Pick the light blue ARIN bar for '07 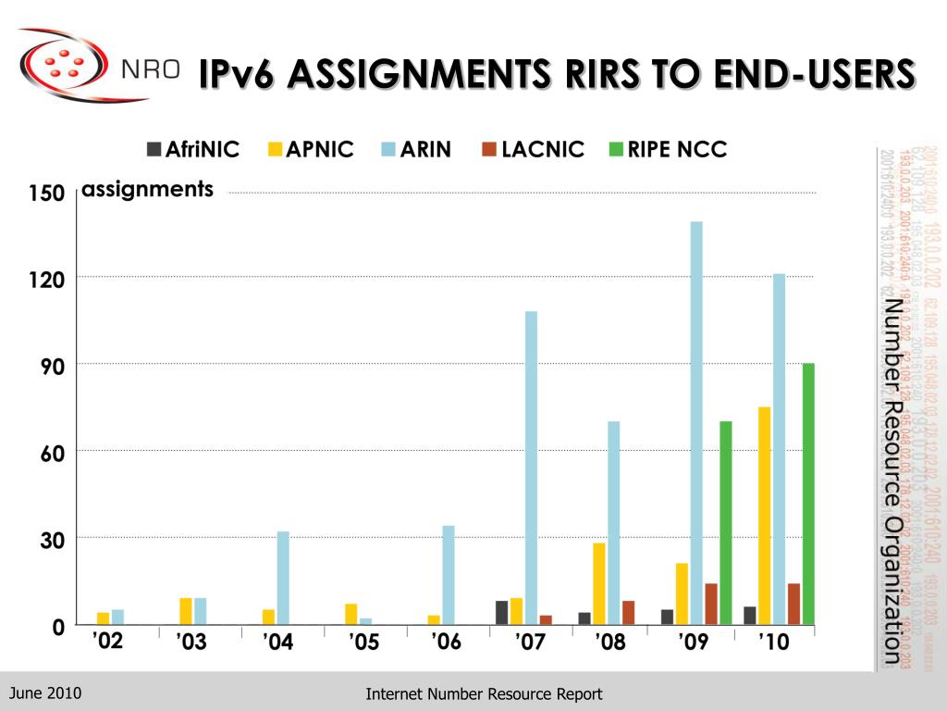coord(531,468)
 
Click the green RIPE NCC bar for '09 coord(726,522)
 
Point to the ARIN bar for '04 coord(283,578)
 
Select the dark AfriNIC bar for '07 coord(502,613)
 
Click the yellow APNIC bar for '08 coord(599,583)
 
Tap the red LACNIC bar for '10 coord(793,604)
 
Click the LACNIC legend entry coord(534,149)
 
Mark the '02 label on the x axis coord(107,641)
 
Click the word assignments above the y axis coord(148,190)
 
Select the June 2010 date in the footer coord(45,693)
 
